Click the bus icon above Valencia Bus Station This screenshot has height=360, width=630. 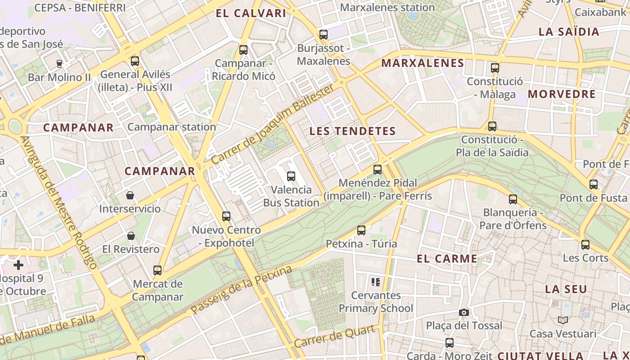point(291,176)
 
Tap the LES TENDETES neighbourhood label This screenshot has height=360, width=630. point(353,131)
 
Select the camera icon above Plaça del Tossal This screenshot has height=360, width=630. point(464,312)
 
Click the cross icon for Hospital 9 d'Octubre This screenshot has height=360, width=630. point(18,265)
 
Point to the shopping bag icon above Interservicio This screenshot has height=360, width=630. point(130,195)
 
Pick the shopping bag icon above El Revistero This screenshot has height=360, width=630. point(131,235)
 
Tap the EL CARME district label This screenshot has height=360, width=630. point(447,259)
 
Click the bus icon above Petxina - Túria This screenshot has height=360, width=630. point(361,230)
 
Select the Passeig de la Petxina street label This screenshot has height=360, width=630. point(241,290)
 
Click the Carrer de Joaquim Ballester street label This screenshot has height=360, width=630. point(273,124)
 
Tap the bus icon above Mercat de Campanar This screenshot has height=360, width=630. point(157,270)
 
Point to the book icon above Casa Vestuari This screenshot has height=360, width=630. point(562,320)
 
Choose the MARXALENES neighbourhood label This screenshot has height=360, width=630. point(423,63)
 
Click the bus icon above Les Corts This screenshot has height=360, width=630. point(585,244)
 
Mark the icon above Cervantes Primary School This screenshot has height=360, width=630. point(376,282)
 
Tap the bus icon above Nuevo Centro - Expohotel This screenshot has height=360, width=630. point(226,216)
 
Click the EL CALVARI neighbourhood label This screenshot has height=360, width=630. point(251,13)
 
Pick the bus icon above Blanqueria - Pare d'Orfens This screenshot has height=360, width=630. point(513,199)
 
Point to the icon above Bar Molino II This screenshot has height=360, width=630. point(59,63)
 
